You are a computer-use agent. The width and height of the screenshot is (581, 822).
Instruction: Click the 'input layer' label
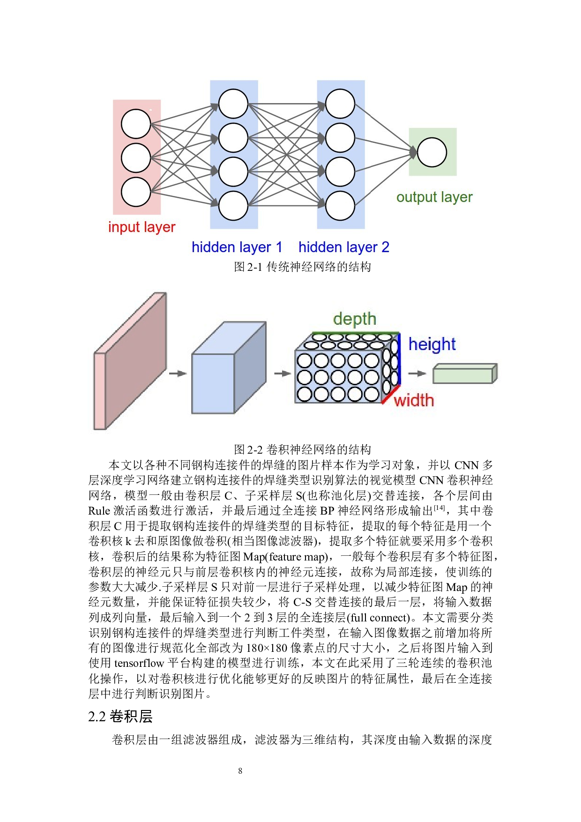[x=142, y=227]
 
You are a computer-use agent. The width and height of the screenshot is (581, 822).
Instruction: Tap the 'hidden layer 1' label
[x=237, y=247]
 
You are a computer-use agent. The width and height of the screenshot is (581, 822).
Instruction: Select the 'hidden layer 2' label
[x=343, y=247]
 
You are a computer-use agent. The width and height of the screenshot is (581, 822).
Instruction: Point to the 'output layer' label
[x=434, y=197]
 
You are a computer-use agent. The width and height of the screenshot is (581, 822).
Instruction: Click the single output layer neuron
[x=432, y=152]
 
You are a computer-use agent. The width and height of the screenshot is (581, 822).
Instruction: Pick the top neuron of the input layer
[x=136, y=124]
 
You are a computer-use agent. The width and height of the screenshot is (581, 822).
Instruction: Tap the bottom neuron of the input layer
[x=136, y=192]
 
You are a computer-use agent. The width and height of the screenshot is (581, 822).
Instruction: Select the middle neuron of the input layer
[x=136, y=158]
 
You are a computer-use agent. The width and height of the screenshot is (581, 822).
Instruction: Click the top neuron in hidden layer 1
[x=233, y=104]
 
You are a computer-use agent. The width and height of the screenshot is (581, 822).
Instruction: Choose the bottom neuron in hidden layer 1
[x=233, y=206]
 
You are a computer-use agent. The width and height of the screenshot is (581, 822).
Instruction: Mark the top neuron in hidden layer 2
[x=340, y=104]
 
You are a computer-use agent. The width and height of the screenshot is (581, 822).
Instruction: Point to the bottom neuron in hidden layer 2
[x=340, y=206]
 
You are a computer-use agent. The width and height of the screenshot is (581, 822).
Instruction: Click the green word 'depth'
[x=355, y=319]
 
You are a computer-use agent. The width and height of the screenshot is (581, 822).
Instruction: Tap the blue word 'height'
[x=432, y=344]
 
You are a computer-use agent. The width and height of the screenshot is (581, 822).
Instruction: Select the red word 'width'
[x=414, y=401]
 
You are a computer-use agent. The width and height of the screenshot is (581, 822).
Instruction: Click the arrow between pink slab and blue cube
[x=178, y=374]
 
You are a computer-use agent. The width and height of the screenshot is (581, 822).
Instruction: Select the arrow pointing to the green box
[x=417, y=374]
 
